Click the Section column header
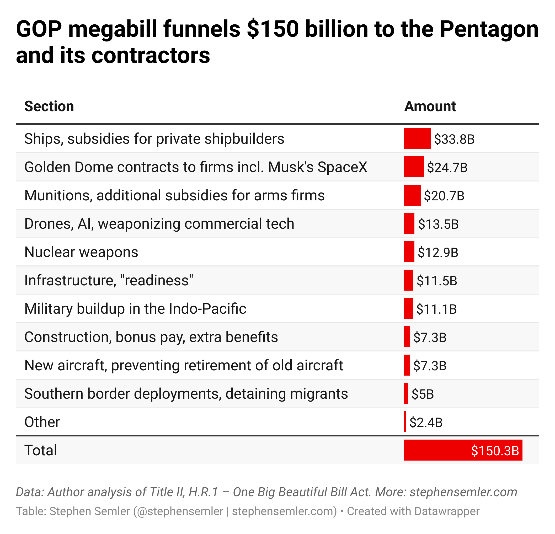(49, 106)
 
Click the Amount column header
(430, 106)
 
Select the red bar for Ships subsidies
(417, 138)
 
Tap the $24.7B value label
(447, 167)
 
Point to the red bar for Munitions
(412, 195)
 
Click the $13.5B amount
(438, 224)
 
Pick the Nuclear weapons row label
(81, 252)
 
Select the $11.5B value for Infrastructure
(437, 281)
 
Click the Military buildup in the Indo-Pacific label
(135, 309)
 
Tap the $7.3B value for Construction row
(430, 337)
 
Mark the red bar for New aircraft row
(407, 365)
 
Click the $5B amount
(423, 394)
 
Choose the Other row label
(42, 422)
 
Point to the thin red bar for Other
(405, 421)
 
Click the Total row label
(41, 450)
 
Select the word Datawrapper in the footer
(447, 511)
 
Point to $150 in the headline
(273, 29)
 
